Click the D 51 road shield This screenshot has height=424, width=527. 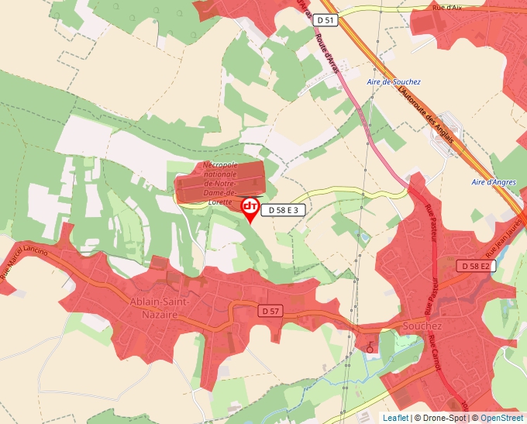coord(326,19)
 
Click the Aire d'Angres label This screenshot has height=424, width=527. coord(494,182)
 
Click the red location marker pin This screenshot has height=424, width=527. coord(250,208)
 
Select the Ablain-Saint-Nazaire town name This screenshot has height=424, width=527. coord(155,309)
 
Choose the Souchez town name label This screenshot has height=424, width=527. coord(422,326)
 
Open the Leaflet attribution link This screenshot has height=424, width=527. coord(395,418)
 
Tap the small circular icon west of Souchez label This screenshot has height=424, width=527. coord(370,349)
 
